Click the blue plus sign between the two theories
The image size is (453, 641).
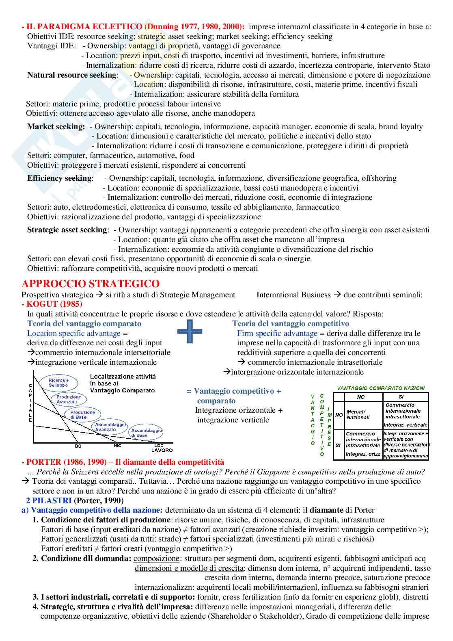(x=190, y=331)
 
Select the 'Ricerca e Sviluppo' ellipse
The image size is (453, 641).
(x=58, y=383)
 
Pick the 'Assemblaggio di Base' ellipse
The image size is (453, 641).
(x=146, y=433)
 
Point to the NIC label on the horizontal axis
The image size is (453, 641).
(x=117, y=446)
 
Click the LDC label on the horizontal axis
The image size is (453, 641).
(x=159, y=446)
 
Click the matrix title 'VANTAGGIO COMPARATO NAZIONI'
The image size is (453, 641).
(x=381, y=388)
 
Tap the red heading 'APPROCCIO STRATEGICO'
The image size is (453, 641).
(x=91, y=284)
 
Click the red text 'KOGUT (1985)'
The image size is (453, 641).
(x=54, y=304)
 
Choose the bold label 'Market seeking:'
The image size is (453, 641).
(x=56, y=126)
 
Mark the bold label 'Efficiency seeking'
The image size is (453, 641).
(x=60, y=178)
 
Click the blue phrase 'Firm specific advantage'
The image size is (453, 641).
(x=277, y=333)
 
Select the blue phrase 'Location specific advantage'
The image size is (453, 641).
(x=74, y=333)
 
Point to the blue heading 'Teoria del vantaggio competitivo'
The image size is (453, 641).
(x=291, y=323)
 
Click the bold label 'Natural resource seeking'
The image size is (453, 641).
(x=72, y=75)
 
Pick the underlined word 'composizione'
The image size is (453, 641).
(x=156, y=558)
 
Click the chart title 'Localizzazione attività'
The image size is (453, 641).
(x=123, y=377)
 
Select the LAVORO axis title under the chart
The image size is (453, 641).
(x=162, y=450)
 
